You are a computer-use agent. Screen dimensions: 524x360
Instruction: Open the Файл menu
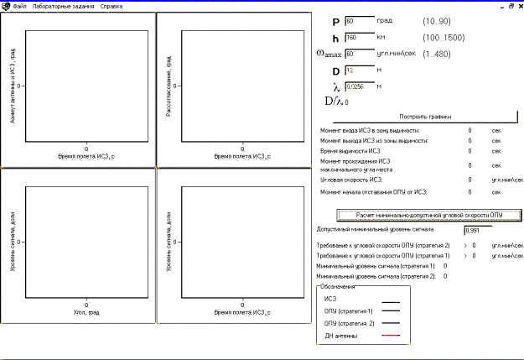(19, 6)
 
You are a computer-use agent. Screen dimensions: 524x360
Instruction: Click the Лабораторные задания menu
(63, 6)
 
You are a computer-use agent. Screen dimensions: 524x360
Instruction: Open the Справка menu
(111, 6)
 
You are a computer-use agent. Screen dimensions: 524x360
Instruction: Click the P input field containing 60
(358, 20)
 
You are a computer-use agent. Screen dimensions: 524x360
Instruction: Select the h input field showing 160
(358, 37)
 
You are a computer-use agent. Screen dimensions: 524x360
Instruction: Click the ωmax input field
(358, 54)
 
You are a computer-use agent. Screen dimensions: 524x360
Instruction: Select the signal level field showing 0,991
(478, 229)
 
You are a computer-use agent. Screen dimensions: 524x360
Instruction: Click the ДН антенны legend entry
(340, 336)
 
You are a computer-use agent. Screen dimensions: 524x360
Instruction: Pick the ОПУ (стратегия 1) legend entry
(349, 311)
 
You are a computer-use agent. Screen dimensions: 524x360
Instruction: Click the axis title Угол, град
(87, 310)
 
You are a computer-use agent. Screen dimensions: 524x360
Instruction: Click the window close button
(518, 5)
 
